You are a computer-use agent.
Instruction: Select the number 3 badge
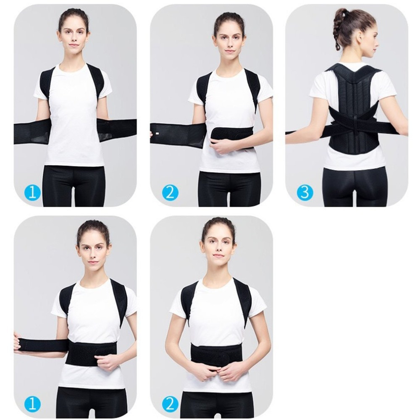pyautogui.click(x=305, y=193)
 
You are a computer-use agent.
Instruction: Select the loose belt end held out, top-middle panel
pyautogui.click(x=168, y=134)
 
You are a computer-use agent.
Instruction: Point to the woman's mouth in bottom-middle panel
pyautogui.click(x=217, y=256)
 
